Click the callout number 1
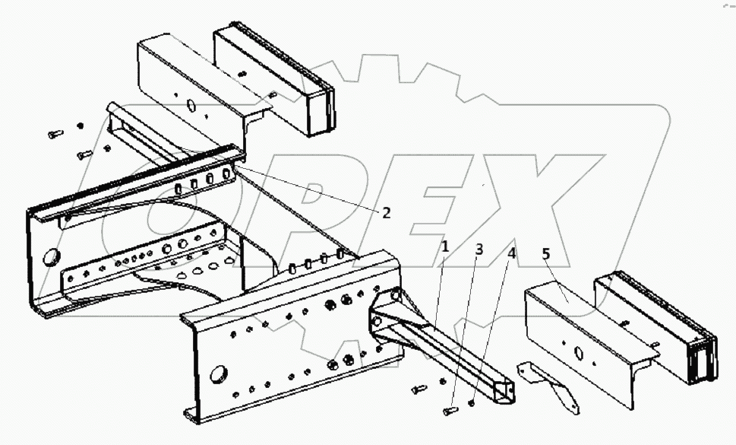click(445, 246)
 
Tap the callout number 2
click(386, 213)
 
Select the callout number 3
click(479, 250)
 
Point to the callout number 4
click(512, 253)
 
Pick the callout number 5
click(546, 253)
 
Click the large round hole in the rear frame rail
click(53, 256)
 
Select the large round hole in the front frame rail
click(219, 373)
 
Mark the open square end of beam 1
click(504, 393)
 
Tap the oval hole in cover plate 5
click(578, 351)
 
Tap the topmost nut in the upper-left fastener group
click(81, 125)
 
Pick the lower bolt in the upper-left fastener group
click(84, 154)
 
